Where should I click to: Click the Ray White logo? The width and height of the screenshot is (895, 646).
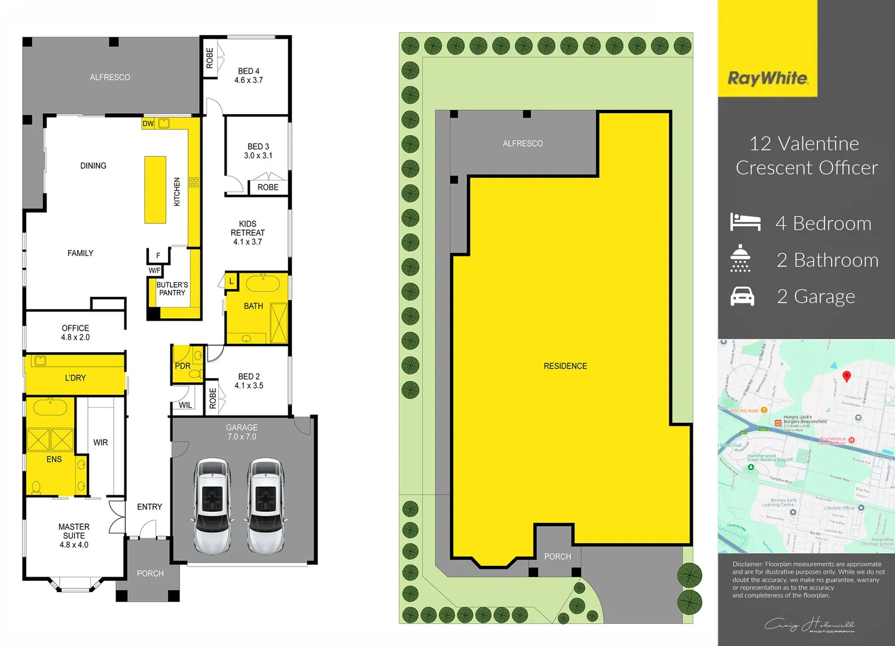click(768, 78)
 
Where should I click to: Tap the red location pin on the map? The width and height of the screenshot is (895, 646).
click(847, 376)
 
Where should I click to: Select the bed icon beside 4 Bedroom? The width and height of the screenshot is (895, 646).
click(745, 222)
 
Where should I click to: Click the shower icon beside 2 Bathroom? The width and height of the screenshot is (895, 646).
click(740, 258)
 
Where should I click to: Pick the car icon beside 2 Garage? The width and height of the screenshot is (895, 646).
click(743, 296)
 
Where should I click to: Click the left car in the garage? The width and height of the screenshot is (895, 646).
click(213, 505)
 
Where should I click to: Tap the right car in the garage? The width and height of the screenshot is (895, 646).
click(265, 505)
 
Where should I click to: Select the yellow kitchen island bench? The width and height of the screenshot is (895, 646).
click(155, 190)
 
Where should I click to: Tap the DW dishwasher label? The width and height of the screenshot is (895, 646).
click(148, 124)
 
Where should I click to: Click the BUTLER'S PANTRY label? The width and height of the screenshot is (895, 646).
click(172, 289)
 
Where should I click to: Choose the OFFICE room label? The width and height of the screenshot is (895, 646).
click(75, 328)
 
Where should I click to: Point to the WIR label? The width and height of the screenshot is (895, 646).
click(100, 443)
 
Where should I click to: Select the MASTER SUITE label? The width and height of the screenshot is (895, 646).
click(74, 531)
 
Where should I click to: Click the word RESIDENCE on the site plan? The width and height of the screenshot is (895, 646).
click(565, 366)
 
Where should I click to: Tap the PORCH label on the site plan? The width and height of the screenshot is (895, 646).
click(557, 557)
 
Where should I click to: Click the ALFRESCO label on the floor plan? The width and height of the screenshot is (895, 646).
click(110, 77)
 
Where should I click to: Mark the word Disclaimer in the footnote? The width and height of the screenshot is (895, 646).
click(747, 564)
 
